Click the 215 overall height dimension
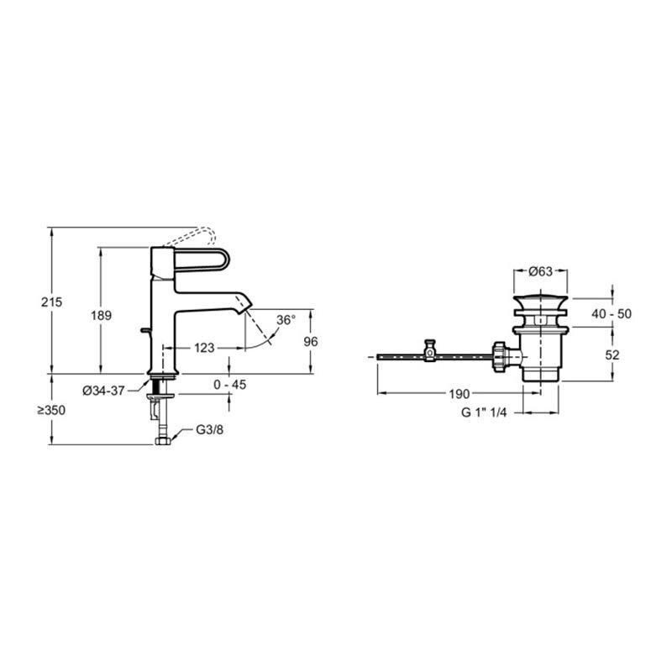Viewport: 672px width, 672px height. [x=52, y=302]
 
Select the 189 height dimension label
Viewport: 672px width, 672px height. [x=101, y=316]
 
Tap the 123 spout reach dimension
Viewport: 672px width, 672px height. [x=204, y=348]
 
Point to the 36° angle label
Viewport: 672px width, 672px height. [x=286, y=320]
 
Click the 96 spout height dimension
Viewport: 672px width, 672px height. [x=311, y=342]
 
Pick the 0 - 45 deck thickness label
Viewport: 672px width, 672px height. [x=229, y=385]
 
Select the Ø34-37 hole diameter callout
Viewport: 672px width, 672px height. [x=103, y=391]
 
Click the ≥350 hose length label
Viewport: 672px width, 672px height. [x=51, y=410]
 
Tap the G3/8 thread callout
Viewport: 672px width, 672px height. [x=209, y=429]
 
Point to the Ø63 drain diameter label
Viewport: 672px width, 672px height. [x=540, y=271]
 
